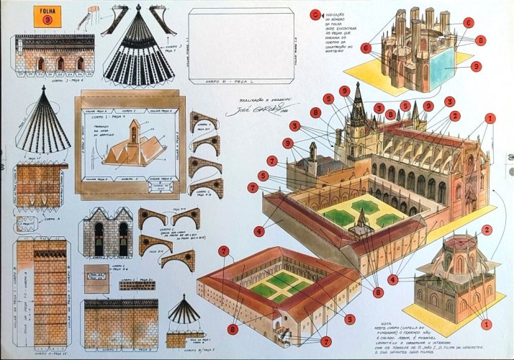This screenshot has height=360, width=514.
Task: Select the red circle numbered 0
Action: (315, 14)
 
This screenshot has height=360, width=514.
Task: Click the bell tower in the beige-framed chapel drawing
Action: (135, 131)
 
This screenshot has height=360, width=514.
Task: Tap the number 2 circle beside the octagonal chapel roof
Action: (487, 230)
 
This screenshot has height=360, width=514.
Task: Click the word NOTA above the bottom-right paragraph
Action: (405, 324)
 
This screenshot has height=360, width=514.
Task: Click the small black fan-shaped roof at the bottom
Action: (185, 312)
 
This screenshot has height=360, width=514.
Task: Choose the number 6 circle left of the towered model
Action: (366, 48)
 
